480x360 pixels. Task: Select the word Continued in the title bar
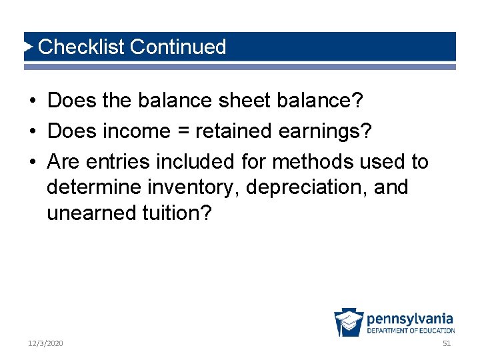pos(178,47)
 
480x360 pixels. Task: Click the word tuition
pos(175,213)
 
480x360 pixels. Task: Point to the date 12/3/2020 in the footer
pos(45,343)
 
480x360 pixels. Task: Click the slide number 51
pos(447,343)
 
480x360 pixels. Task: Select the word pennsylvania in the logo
pos(410,318)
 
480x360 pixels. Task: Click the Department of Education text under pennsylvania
pos(411,330)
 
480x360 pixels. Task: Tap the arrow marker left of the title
pos(29,47)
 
